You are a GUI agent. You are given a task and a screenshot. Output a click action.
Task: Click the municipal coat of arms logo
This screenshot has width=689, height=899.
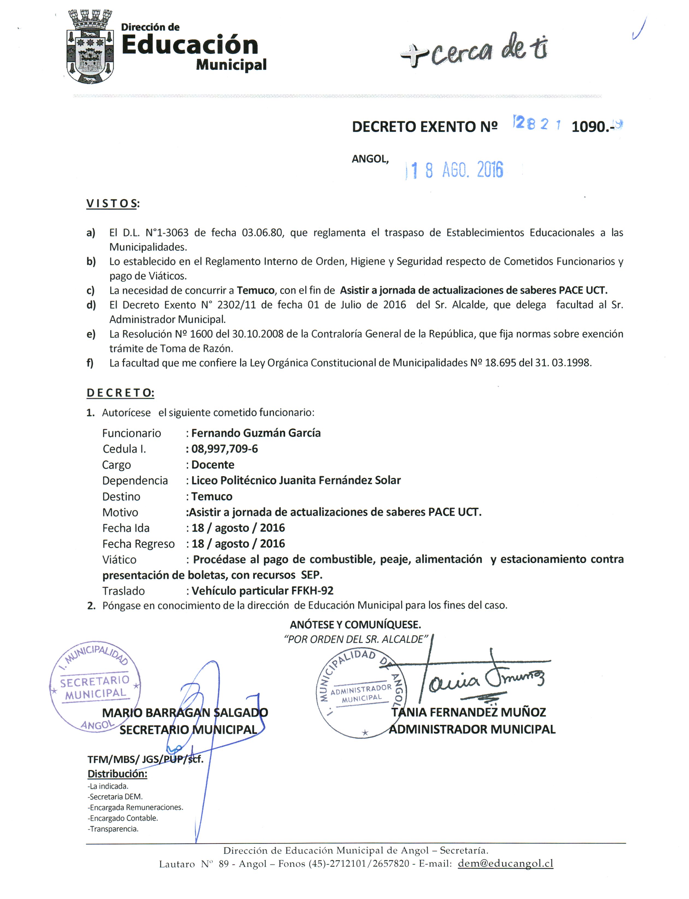[90, 47]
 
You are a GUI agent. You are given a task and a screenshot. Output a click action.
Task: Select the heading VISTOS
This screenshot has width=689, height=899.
[111, 204]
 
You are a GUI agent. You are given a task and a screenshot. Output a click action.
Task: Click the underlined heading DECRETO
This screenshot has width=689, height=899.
[120, 393]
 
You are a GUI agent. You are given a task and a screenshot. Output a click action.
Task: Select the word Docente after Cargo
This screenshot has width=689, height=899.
[213, 465]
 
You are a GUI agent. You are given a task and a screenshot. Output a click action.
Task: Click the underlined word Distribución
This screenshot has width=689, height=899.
[117, 774]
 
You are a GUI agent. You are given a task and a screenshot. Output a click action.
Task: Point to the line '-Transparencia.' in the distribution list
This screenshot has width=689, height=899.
[113, 829]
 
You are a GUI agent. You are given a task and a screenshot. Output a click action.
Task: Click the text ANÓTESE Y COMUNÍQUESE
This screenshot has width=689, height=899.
[355, 625]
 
